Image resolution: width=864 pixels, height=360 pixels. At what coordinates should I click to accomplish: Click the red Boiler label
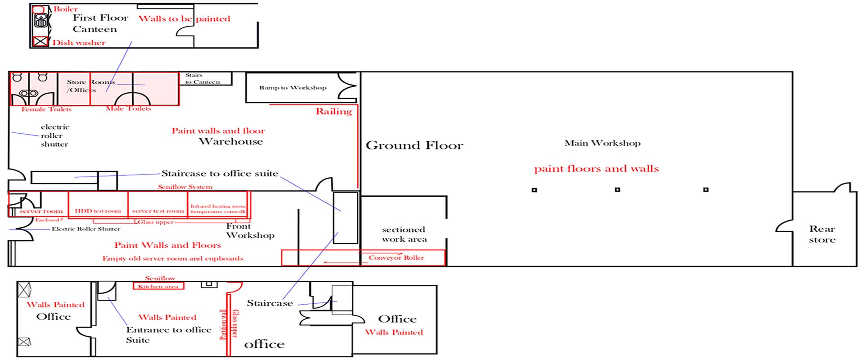coord(66,9)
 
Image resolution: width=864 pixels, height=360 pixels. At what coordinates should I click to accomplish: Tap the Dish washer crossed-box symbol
coord(40,42)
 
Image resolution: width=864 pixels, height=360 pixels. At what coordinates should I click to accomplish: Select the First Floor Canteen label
coord(100,23)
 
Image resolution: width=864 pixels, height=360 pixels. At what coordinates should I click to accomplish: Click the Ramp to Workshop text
coord(292,88)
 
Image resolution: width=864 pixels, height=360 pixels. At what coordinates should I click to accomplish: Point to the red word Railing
coord(333,112)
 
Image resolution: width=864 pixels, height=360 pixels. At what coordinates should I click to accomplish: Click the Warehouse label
coord(231,142)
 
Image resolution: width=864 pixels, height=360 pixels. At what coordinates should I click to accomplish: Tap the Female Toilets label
coord(46,109)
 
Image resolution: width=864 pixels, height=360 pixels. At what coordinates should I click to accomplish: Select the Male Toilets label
coord(128,108)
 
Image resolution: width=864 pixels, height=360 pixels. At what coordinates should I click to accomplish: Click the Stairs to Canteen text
coord(202,79)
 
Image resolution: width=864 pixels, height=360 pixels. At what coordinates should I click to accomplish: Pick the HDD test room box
coord(98,205)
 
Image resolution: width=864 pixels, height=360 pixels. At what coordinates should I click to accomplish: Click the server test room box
coord(157,205)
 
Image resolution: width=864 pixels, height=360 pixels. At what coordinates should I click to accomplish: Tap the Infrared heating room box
coord(218,205)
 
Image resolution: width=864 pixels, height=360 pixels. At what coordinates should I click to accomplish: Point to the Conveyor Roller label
coord(396,258)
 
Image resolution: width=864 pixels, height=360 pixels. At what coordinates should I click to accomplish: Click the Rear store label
coord(822,234)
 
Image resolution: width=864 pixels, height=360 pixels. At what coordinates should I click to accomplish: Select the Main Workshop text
coord(603,144)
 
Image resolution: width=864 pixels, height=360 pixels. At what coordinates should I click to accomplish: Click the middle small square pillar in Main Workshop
coord(617,190)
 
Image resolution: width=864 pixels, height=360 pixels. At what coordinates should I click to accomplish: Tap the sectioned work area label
coord(404,234)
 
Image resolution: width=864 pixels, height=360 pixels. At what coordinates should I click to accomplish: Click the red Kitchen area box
coord(158,286)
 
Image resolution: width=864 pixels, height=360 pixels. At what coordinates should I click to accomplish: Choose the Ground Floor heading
coord(414,146)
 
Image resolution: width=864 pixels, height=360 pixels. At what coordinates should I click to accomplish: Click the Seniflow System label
coord(185,187)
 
